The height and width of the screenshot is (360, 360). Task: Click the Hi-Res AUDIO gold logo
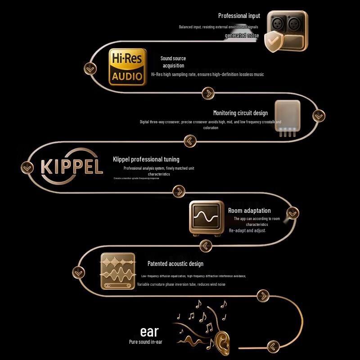(x=128, y=67)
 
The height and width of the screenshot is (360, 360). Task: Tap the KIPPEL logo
(x=72, y=166)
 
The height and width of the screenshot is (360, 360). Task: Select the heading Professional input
(x=239, y=16)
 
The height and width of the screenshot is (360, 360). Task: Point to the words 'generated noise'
(x=242, y=35)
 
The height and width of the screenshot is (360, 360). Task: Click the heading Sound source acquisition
(x=173, y=62)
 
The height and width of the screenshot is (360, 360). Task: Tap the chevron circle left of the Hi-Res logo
(x=90, y=68)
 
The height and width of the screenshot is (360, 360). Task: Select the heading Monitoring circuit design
(x=240, y=113)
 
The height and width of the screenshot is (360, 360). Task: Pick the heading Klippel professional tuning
(x=146, y=159)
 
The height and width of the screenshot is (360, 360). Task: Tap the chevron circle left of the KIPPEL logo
(x=27, y=167)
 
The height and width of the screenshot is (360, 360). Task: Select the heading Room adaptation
(x=249, y=211)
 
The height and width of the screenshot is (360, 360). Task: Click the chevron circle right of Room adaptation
(x=293, y=213)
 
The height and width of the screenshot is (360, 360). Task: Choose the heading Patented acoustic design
(x=175, y=264)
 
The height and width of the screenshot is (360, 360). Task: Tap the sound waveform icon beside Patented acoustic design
(x=118, y=271)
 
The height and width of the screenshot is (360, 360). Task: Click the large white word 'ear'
(x=149, y=332)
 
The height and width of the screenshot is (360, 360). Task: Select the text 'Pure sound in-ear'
(x=145, y=342)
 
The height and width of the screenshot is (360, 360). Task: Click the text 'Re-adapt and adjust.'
(x=247, y=230)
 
